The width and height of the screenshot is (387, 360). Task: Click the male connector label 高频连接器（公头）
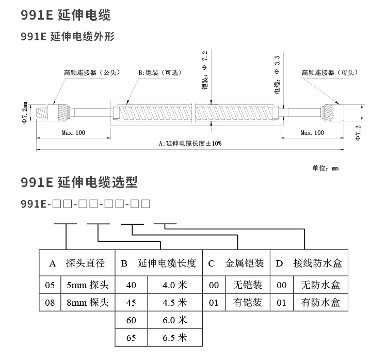coord(91,72)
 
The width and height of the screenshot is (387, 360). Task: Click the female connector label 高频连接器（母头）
coord(330,72)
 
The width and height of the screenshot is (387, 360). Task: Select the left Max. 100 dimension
coord(73,133)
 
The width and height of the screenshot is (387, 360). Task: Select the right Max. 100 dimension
coord(312,133)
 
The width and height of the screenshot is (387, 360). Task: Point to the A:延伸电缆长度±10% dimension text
coord(190,143)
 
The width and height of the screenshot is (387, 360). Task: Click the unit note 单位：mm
coord(325,168)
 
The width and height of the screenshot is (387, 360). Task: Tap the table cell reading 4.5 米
coord(174,302)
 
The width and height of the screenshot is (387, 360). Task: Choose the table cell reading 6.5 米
coord(174,338)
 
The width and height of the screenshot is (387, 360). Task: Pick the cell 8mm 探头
coord(85,302)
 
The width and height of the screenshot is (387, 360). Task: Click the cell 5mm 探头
coord(85,285)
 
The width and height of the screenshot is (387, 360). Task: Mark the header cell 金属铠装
coord(245,263)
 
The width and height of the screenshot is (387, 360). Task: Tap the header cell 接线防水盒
coord(317,263)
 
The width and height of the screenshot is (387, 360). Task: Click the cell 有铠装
coord(248,302)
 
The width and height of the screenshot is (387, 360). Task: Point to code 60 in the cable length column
coord(131,320)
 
